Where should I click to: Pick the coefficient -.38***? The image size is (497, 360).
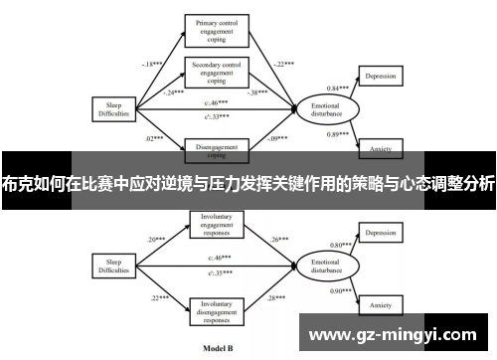(x=259, y=90)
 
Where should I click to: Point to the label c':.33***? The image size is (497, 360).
(x=217, y=115)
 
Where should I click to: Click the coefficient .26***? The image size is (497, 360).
(x=279, y=240)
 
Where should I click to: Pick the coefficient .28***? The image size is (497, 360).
(x=279, y=296)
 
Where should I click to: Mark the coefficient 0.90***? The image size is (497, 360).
(x=341, y=289)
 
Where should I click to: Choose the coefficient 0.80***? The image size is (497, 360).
(x=341, y=245)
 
